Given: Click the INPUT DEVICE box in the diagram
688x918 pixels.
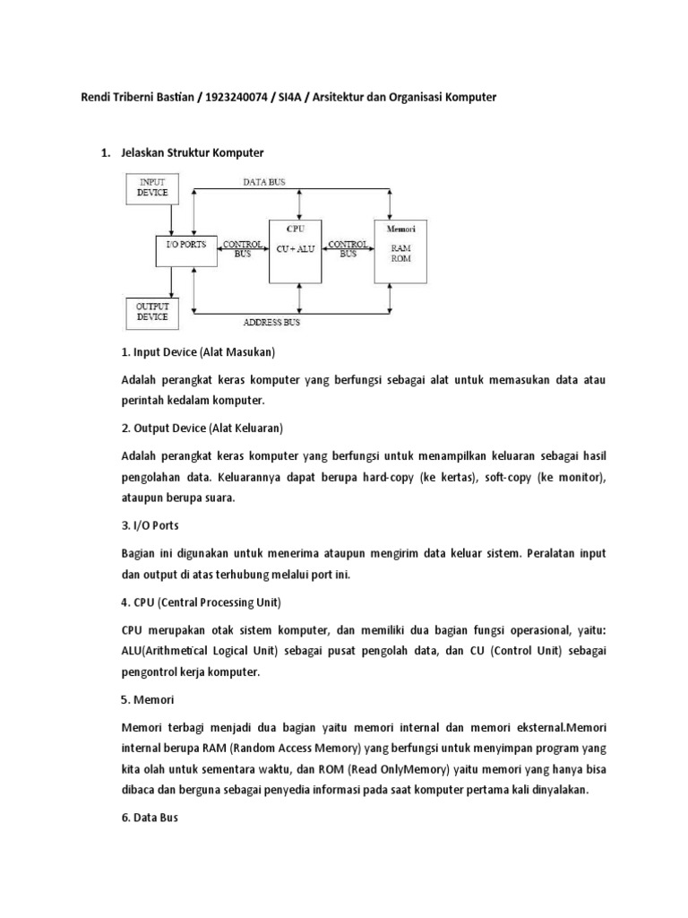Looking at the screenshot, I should (151, 186).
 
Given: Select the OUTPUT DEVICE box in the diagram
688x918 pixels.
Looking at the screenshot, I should (152, 311).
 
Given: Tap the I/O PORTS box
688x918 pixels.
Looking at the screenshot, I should (186, 245).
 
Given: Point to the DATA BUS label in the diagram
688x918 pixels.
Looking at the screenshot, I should (264, 182).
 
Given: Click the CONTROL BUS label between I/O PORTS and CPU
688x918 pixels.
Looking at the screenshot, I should (243, 248).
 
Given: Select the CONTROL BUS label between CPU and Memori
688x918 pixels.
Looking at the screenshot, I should (348, 248).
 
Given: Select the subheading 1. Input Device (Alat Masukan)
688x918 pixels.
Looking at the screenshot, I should (198, 351).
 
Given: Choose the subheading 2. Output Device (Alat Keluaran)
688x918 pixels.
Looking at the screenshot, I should (202, 427).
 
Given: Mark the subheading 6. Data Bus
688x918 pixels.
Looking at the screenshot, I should (150, 818).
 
